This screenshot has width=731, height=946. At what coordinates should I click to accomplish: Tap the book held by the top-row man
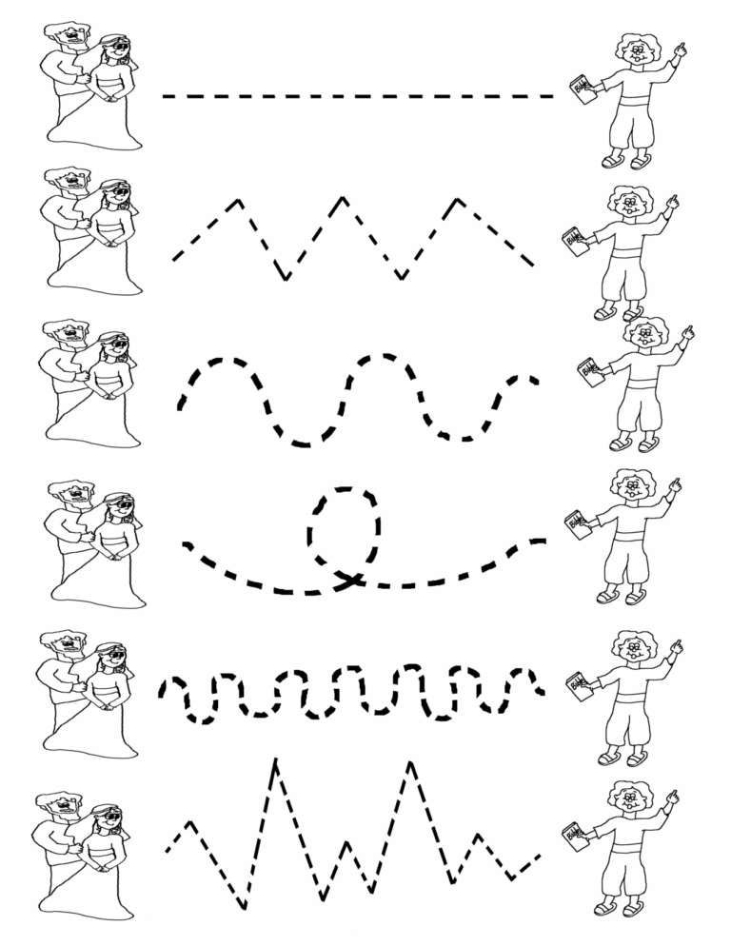pyautogui.click(x=579, y=90)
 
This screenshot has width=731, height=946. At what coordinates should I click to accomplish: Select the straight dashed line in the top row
pyautogui.click(x=358, y=96)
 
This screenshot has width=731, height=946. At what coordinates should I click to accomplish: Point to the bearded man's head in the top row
pyautogui.click(x=67, y=38)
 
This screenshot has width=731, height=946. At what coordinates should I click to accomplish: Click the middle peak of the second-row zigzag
pyautogui.click(x=343, y=200)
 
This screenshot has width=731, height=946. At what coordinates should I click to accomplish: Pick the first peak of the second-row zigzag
pyautogui.click(x=238, y=201)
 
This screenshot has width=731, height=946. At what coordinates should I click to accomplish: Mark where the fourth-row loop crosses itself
pyautogui.click(x=349, y=577)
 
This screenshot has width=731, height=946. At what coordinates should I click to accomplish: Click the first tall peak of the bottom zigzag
pyautogui.click(x=275, y=761)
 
